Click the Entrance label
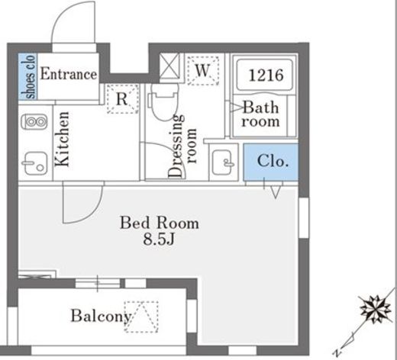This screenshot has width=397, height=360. tap(69, 74)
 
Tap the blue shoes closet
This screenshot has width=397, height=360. tap(28, 76)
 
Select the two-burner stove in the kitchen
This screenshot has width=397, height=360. tap(34, 122)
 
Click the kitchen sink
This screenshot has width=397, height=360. tap(35, 163)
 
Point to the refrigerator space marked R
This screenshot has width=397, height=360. tap(122, 98)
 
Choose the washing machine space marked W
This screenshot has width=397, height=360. tap(203, 70)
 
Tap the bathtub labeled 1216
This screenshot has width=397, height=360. tap(265, 75)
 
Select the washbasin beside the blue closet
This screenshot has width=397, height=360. tap(223, 162)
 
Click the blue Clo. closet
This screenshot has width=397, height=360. tap(270, 162)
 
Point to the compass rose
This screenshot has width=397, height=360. tap(376, 310)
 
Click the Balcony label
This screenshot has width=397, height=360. tap(101, 316)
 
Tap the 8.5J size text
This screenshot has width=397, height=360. tap(159, 239)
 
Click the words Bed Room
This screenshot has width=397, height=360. tap(160, 223)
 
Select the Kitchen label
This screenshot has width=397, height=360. tap(62, 139)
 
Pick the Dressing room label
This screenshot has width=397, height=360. tap(182, 146)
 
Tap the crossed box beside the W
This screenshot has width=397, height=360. tap(169, 66)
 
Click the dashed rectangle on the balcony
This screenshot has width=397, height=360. tap(141, 317)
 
